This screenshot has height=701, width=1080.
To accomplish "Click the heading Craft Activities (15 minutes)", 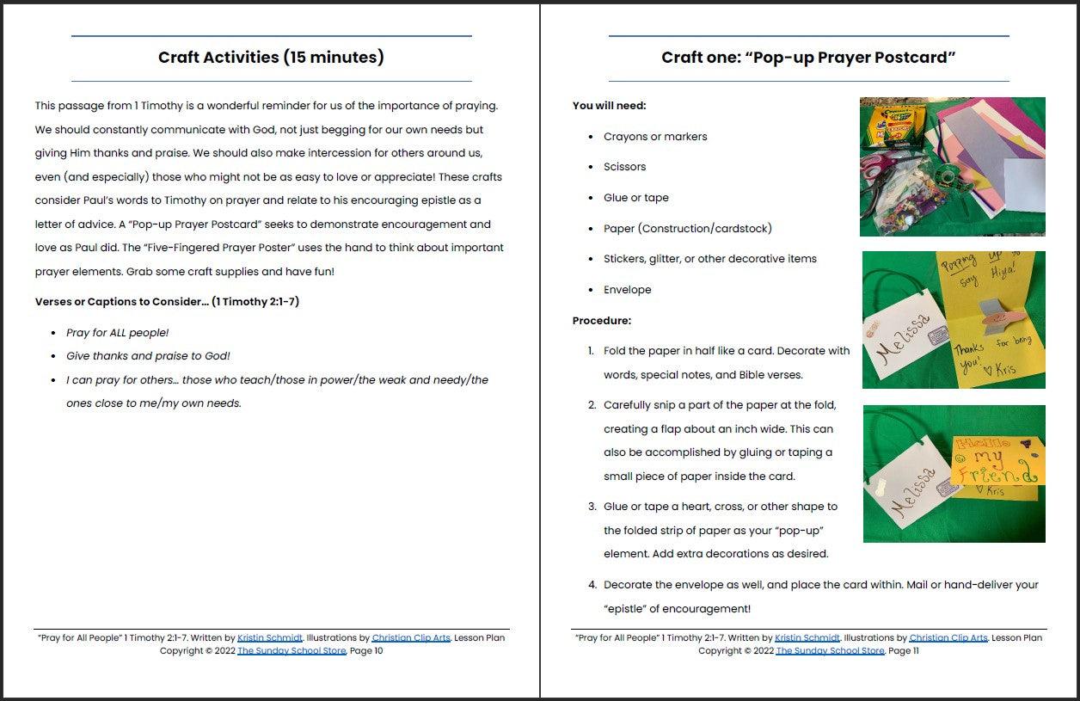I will [271, 58].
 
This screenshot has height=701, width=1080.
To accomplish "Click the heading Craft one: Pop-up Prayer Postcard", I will [808, 58].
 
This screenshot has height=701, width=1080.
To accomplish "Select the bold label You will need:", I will [609, 106].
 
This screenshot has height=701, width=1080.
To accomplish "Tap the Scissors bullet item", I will [624, 167].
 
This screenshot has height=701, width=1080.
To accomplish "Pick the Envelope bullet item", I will [627, 290].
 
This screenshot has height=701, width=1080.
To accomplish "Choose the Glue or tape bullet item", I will [635, 198].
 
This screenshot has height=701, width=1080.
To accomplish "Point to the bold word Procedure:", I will [601, 321].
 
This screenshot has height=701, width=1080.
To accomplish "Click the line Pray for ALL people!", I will [117, 333].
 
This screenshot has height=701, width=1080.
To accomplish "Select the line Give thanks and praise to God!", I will [148, 356].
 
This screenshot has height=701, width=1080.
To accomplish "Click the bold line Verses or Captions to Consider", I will [167, 302].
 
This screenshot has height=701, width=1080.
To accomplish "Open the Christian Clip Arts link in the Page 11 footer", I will [948, 638].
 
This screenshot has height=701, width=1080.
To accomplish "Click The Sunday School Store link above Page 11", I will [830, 651].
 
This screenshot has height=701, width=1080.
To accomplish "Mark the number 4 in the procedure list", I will [592, 585].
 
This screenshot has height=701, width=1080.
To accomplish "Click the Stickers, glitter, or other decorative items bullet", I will [709, 259].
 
